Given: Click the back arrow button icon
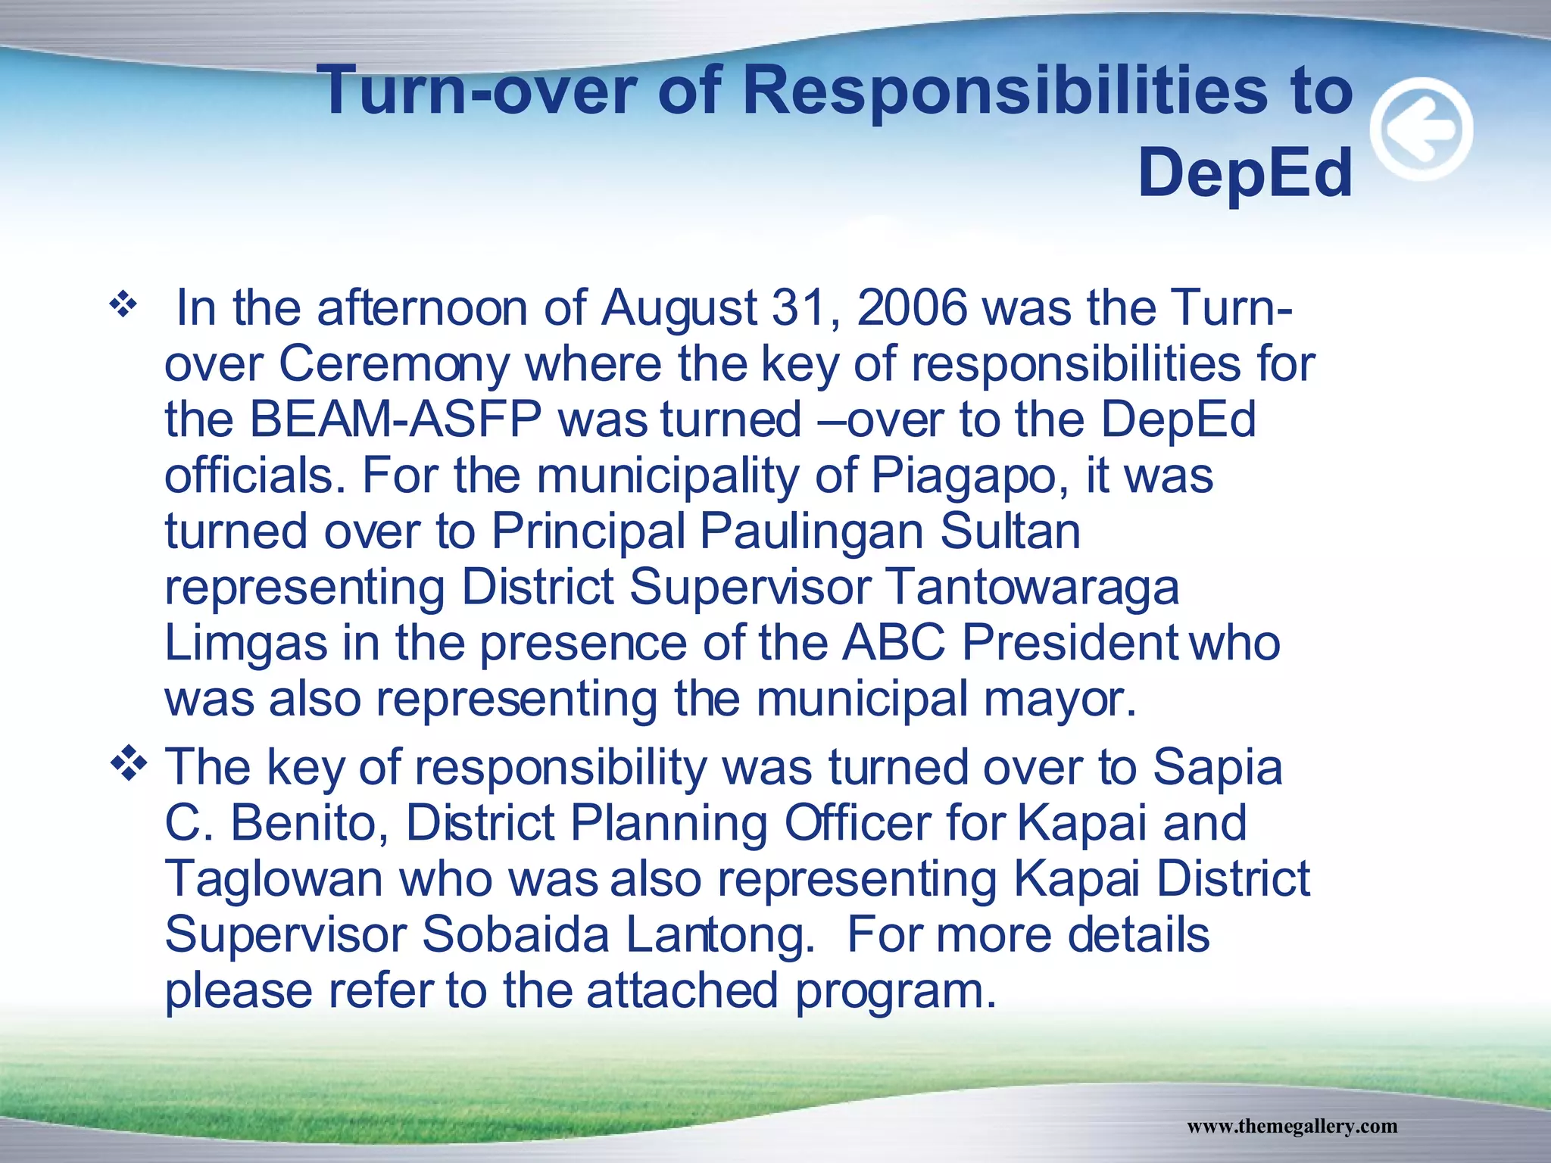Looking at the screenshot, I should pos(1421,129).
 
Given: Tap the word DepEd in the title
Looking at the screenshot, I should pos(1245,173).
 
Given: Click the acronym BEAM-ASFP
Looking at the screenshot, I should pos(395,420).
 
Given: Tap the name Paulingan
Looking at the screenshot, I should pos(811,532).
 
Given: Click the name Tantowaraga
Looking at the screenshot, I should pos(1031,588).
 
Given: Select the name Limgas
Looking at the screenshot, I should pos(245,644).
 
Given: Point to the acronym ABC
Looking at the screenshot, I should pos(894,644).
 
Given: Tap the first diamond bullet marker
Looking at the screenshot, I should pos(123,306).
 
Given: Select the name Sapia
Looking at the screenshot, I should pos(1217,768).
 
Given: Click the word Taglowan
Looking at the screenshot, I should pos(274,880).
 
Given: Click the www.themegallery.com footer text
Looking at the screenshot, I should pos(1292,1127).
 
